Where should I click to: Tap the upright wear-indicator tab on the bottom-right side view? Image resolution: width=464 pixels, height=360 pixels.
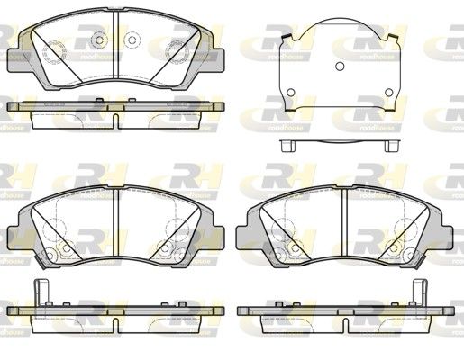coord(418,293)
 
